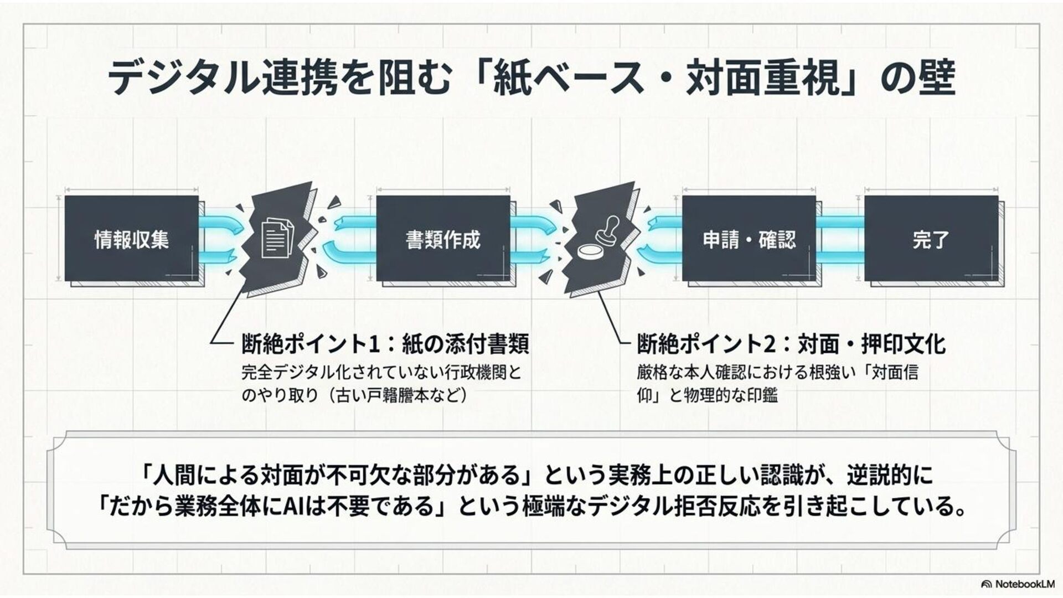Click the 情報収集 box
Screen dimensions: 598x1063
click(x=132, y=239)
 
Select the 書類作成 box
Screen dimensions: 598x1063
click(x=443, y=239)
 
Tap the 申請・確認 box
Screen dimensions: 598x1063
click(x=749, y=239)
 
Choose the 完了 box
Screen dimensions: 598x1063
click(x=931, y=239)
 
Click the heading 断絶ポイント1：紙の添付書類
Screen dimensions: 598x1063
click(x=385, y=344)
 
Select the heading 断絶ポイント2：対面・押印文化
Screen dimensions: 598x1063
click(x=791, y=344)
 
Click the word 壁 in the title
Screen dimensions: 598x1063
click(x=936, y=78)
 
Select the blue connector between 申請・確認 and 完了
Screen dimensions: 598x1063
click(x=840, y=239)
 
